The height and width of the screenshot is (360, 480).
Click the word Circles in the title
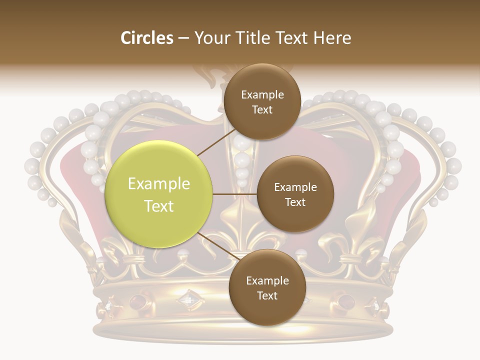point(147,38)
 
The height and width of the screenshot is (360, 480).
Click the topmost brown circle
point(262,101)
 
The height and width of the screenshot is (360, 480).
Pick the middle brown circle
point(295,194)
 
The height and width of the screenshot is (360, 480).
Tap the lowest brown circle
point(267,287)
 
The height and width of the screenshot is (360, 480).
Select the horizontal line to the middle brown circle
point(235,194)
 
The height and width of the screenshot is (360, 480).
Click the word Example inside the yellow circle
point(159,184)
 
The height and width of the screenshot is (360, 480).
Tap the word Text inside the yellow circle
point(159,206)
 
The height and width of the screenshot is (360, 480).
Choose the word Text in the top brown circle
point(262,109)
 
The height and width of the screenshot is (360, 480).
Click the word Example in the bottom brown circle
point(267,280)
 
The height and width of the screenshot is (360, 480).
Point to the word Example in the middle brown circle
point(295,187)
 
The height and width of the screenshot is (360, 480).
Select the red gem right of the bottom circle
point(345,301)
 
